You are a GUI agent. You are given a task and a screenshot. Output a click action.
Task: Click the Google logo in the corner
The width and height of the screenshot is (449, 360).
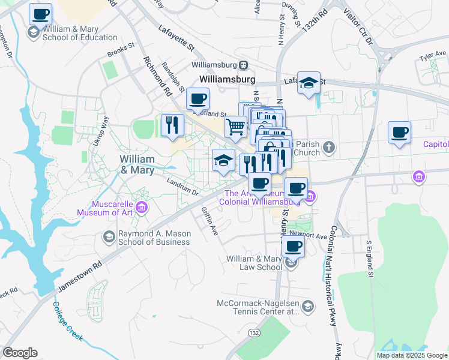(20, 353)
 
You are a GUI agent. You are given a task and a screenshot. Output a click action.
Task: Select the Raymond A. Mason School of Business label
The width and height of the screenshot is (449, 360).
(146, 238)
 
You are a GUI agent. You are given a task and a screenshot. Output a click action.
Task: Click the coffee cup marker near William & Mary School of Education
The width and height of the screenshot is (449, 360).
(41, 14)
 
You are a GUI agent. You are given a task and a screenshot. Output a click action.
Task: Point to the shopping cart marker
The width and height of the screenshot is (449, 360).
(235, 127)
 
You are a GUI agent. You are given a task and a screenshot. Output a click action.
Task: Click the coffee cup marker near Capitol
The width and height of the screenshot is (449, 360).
(399, 133)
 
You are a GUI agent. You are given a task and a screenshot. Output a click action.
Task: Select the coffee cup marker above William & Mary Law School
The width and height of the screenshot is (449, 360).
(293, 246)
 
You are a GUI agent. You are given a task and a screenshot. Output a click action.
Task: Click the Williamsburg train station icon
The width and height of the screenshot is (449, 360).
(244, 65)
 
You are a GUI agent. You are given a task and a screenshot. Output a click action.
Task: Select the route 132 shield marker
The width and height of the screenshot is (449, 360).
(255, 332)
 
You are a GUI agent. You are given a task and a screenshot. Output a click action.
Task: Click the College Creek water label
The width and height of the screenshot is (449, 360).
(67, 321)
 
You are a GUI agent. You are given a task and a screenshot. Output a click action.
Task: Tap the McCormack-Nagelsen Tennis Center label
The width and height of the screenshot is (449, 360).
(259, 307)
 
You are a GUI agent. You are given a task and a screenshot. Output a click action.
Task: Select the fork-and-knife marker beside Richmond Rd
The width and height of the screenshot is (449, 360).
(172, 125)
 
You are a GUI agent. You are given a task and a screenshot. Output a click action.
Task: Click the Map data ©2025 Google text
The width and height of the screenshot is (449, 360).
(412, 355)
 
